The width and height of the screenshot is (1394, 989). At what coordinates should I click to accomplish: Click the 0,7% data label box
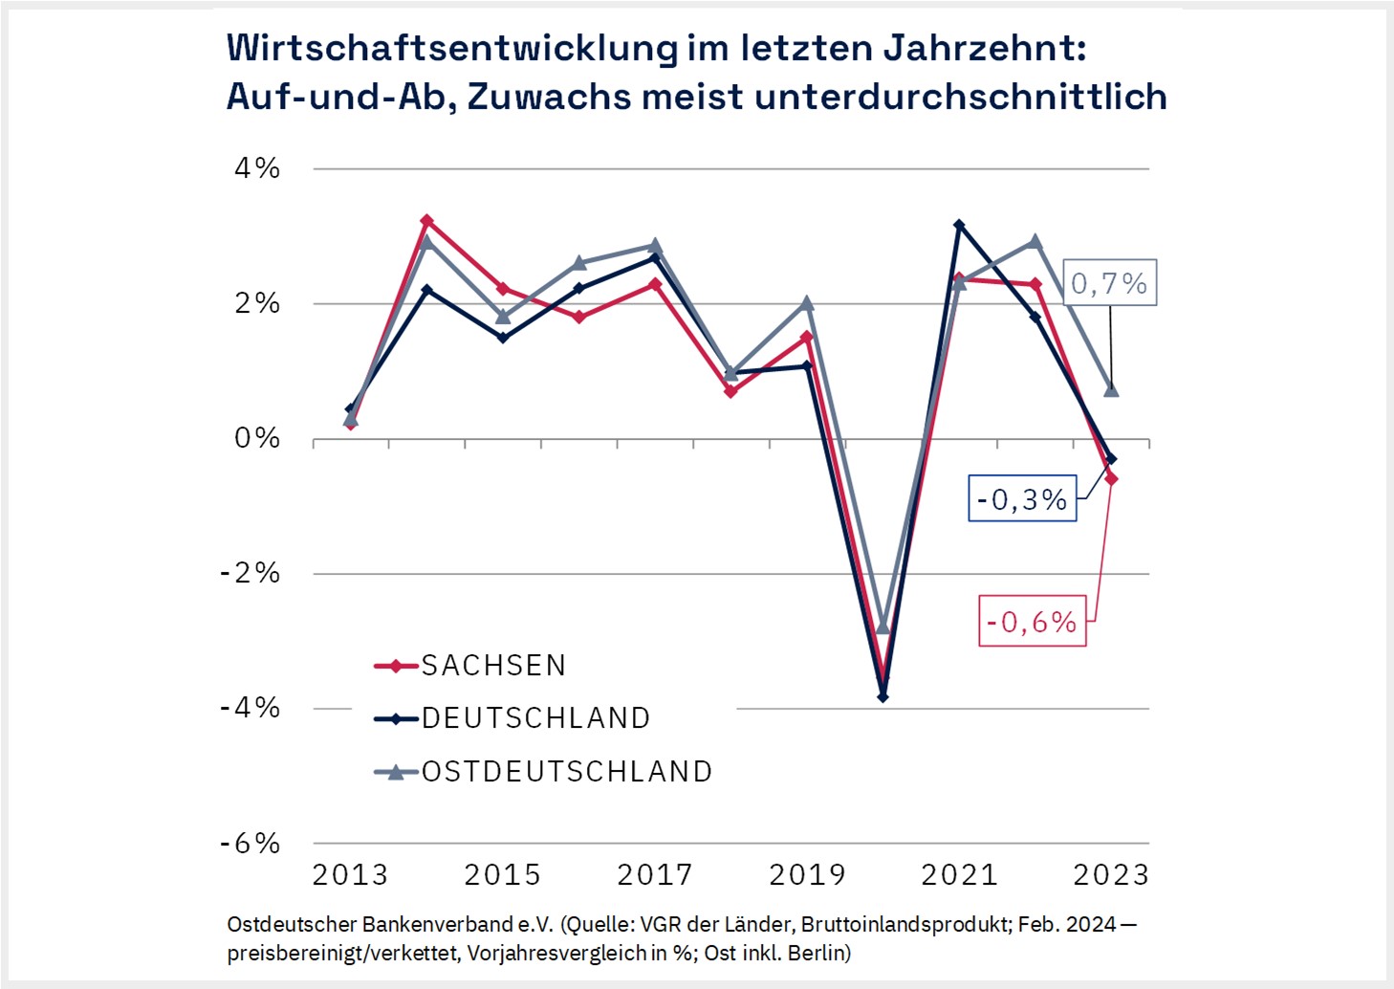point(1109,283)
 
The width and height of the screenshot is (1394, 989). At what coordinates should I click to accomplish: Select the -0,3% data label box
point(1022,498)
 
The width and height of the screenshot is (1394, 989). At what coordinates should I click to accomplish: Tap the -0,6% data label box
point(1032,622)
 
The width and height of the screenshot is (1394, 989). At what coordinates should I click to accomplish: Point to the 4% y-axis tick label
point(257,168)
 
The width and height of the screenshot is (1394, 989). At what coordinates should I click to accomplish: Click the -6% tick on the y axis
point(251,844)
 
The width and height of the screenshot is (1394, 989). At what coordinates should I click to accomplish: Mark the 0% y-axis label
point(257,438)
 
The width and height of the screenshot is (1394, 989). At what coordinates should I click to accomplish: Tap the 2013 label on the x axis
point(350,874)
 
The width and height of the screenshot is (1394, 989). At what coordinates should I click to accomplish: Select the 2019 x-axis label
point(807,874)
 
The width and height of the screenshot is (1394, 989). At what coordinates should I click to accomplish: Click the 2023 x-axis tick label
point(1111,874)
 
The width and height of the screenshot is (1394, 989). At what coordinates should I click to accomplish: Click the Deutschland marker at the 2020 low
point(882,696)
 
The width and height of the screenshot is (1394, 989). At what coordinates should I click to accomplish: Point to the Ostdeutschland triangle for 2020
point(882,626)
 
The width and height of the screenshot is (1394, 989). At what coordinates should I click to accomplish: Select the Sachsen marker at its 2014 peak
point(426,221)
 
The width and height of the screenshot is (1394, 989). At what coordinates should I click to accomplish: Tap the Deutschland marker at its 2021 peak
point(959,226)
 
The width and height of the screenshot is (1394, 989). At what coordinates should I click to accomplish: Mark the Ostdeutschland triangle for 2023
point(1111,389)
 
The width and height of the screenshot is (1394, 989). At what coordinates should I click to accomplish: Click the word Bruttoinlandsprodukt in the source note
point(904,925)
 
